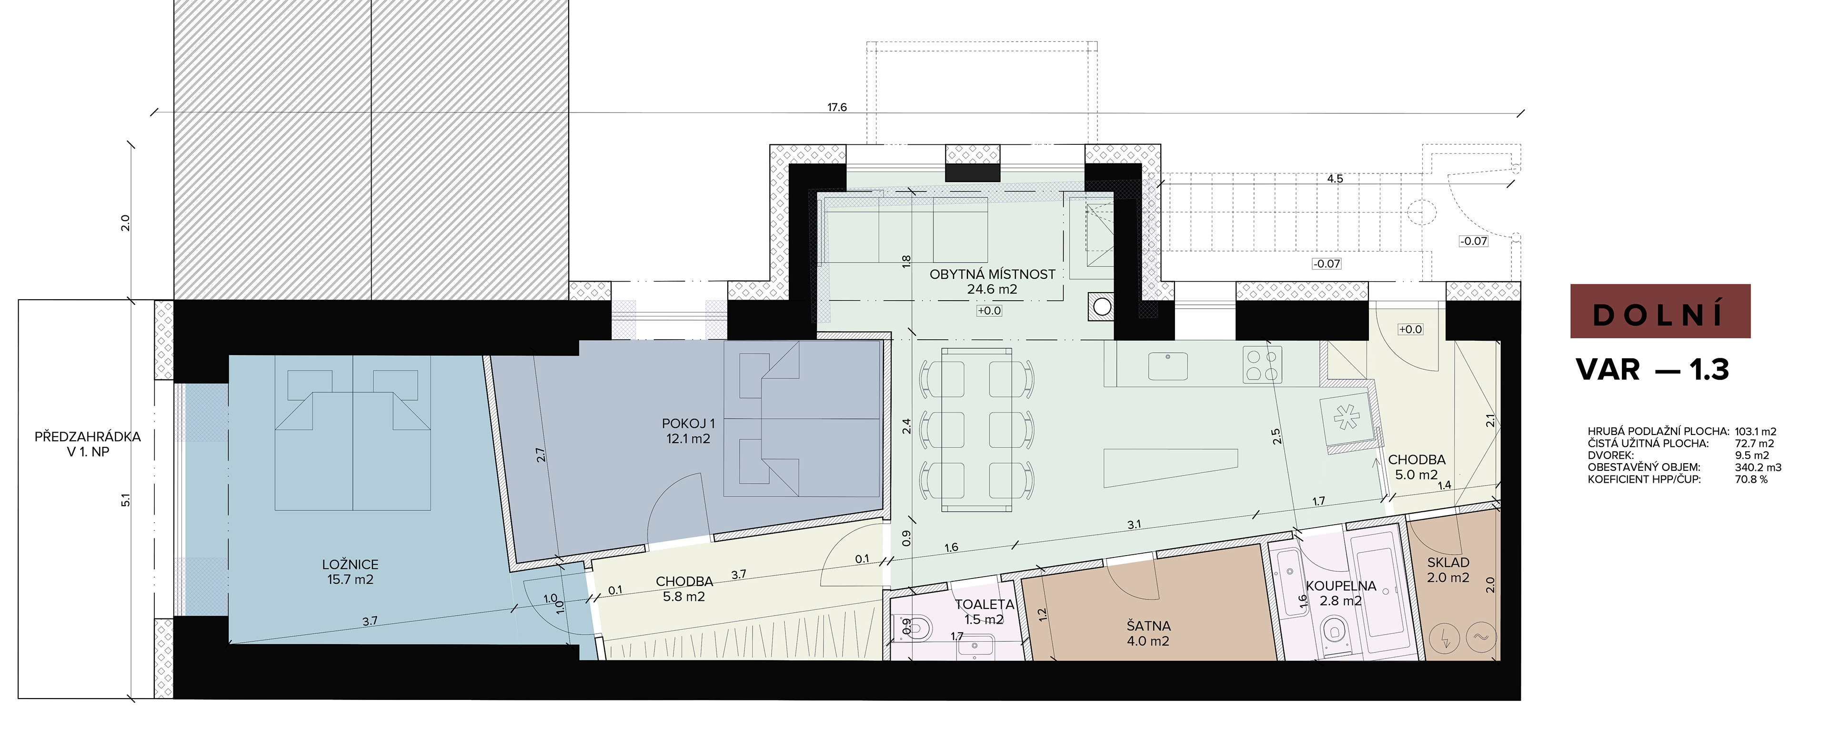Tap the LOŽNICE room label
350,565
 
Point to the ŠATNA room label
1148,626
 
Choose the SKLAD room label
1448,562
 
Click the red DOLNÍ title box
1660,311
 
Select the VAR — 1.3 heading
1652,369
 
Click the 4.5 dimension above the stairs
1335,179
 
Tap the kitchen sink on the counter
1167,366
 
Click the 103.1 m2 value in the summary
1755,432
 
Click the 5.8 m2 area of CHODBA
684,597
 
